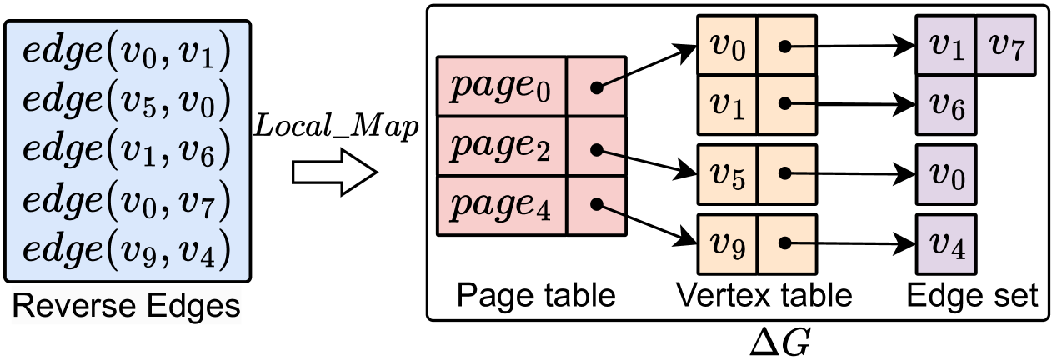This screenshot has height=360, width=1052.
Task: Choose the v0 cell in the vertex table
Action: (x=727, y=45)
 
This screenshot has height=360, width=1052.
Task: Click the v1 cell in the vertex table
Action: (x=727, y=103)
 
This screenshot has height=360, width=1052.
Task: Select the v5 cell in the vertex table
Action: (x=727, y=174)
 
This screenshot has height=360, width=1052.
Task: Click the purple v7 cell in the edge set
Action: (x=1006, y=45)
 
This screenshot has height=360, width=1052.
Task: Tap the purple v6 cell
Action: (x=944, y=103)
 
